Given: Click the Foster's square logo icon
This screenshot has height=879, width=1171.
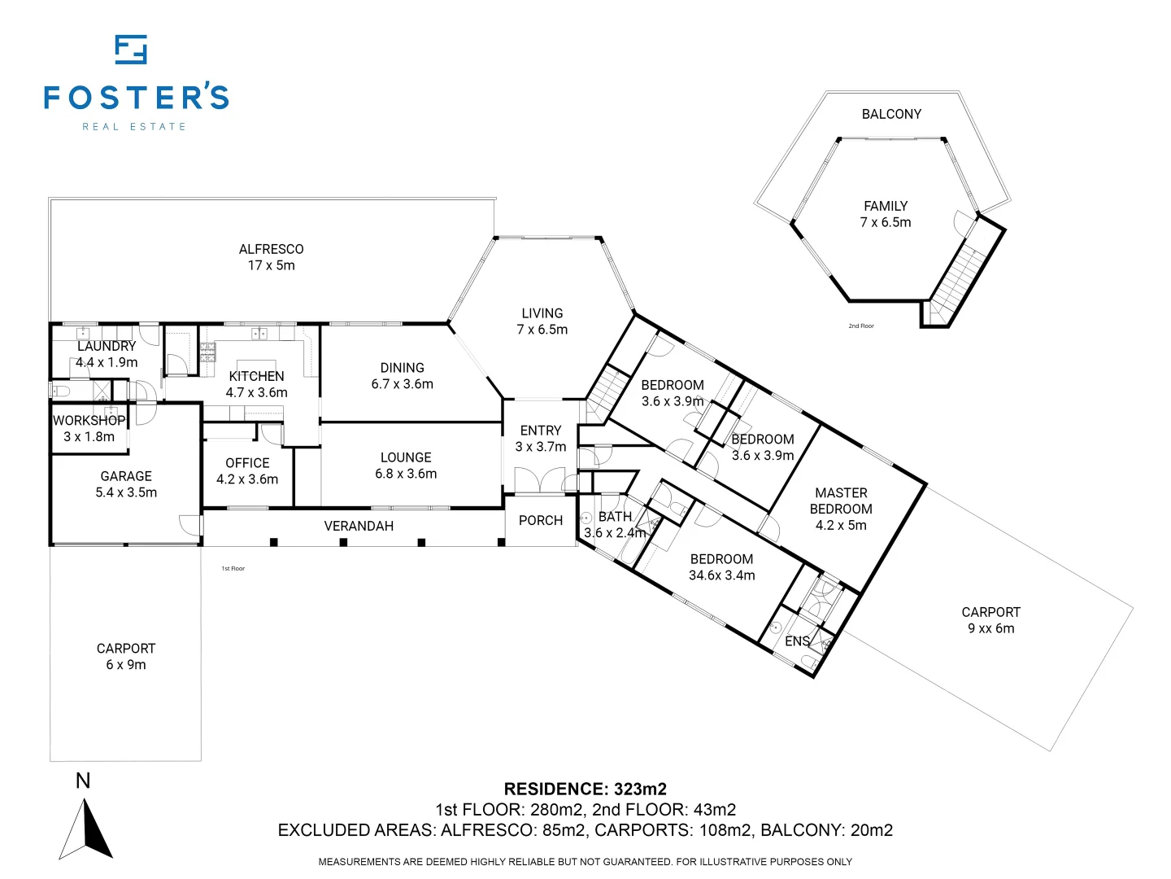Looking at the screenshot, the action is [131, 50].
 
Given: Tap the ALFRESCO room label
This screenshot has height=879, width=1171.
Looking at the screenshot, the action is [271, 249].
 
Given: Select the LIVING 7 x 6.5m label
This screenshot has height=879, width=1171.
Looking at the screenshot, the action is [542, 321].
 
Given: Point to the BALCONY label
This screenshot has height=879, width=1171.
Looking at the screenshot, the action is [891, 114].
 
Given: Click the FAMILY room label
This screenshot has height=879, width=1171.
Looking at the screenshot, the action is [886, 206].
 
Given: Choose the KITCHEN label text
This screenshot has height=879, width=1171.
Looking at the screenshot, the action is [257, 376].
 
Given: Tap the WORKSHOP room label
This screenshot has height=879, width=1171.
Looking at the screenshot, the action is [89, 421].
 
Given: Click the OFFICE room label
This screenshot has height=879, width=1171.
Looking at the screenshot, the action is [247, 463].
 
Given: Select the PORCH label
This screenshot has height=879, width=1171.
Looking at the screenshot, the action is [541, 520].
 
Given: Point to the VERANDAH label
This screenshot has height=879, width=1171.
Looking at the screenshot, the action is [359, 526].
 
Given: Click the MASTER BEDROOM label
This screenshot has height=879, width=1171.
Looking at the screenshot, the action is [841, 501].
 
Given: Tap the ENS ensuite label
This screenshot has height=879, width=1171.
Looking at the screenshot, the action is [797, 641].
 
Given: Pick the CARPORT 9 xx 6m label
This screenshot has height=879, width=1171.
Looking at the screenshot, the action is [990, 620].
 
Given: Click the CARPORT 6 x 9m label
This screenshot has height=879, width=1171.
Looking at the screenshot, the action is [126, 657].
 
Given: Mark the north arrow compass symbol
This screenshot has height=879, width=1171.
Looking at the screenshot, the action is [86, 829].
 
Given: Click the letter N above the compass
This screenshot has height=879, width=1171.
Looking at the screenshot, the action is [83, 781].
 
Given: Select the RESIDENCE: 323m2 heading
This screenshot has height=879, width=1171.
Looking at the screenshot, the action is [585, 789].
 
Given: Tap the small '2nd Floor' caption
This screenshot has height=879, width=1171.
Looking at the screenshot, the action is [861, 326].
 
